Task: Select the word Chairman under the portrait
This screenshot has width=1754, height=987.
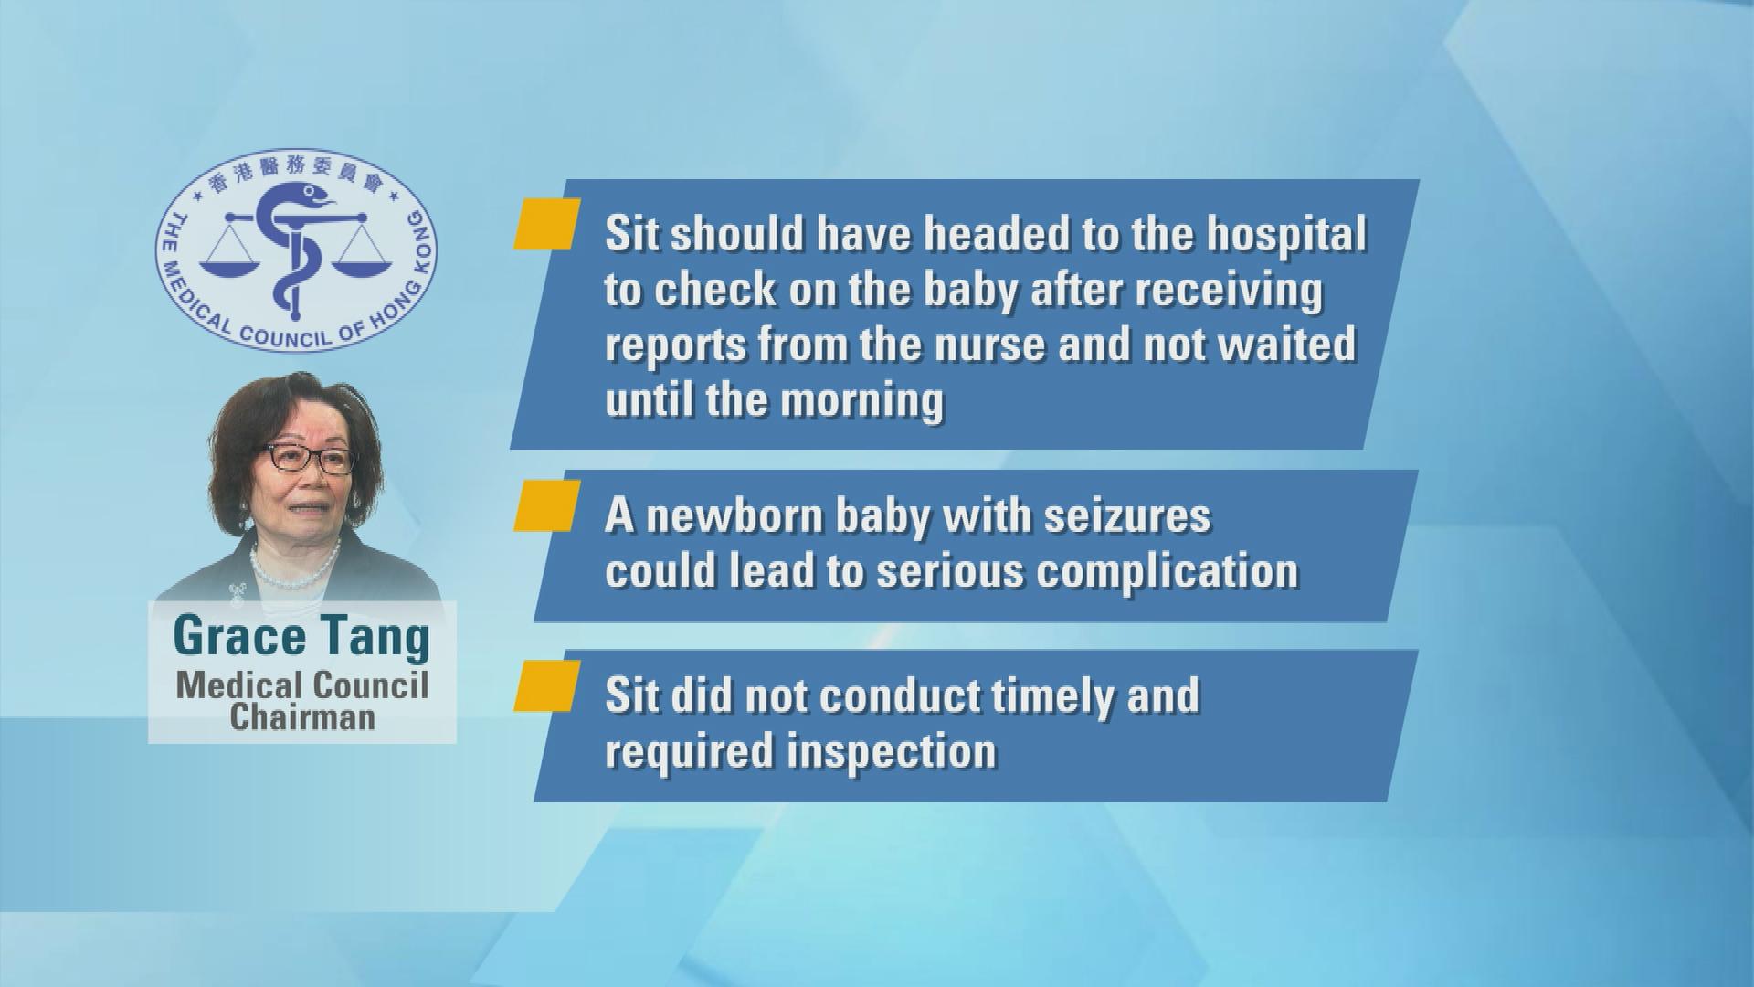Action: click(302, 716)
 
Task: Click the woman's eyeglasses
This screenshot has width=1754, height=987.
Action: click(308, 457)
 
